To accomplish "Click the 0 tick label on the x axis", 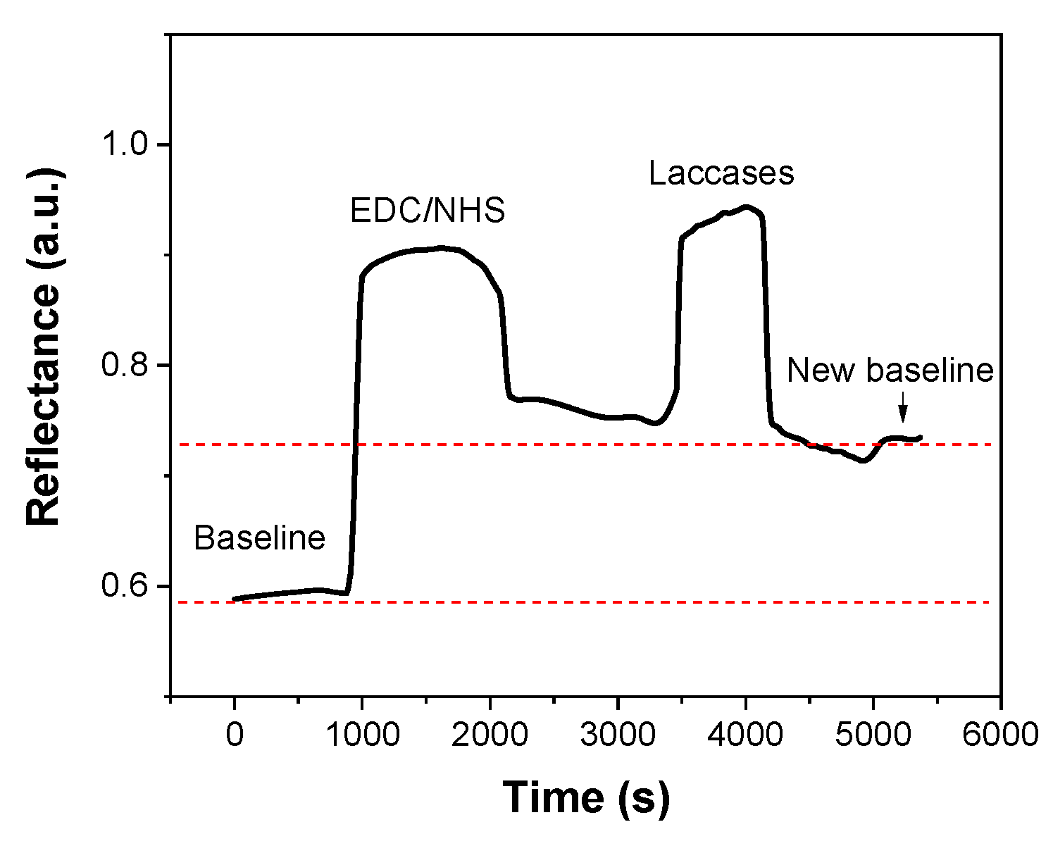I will [x=235, y=735].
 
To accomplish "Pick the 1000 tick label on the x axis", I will [x=362, y=735].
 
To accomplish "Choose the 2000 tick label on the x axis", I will [x=490, y=735].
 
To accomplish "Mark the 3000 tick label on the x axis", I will [x=618, y=735].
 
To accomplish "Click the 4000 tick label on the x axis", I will [x=745, y=735].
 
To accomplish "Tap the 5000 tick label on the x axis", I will [x=873, y=735].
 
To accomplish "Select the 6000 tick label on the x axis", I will [x=1000, y=735].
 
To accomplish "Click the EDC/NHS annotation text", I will [x=428, y=211].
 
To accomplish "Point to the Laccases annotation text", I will [x=721, y=173].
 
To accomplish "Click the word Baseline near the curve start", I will [x=259, y=539].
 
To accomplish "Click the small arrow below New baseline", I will [x=904, y=407].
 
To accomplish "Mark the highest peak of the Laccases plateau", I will [x=745, y=207].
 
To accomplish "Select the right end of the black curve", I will [x=920, y=437].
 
